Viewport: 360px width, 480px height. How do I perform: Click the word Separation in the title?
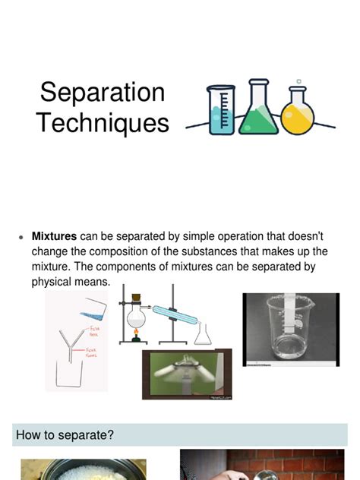pyautogui.click(x=103, y=93)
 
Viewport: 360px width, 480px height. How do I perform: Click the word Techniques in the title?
pyautogui.click(x=103, y=122)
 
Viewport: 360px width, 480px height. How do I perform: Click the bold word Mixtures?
pyautogui.click(x=54, y=235)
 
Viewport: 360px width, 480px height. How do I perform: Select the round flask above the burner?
pyautogui.click(x=137, y=311)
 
